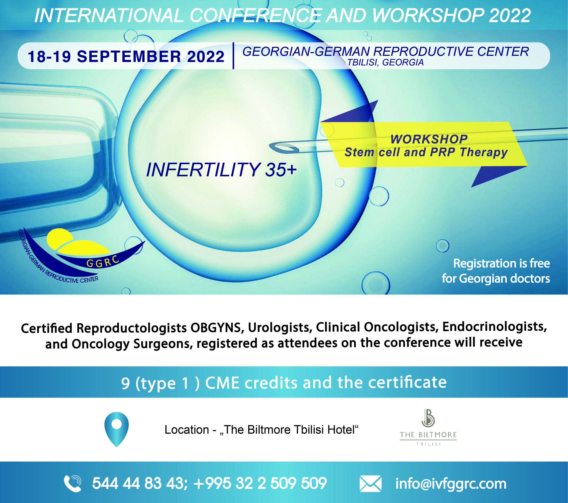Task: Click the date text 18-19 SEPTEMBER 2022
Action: tap(126, 57)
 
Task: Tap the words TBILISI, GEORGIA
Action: tap(385, 63)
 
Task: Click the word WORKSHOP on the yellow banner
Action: tap(429, 139)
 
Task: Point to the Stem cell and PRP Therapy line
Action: tap(426, 152)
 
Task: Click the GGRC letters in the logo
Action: tap(103, 261)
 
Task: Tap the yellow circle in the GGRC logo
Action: tap(59, 238)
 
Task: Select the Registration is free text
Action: tap(501, 263)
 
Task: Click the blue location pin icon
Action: tap(116, 428)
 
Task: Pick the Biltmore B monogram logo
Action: tap(428, 418)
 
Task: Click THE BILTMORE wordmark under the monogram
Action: tap(428, 435)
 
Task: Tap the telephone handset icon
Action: tap(73, 483)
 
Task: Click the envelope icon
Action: tap(371, 484)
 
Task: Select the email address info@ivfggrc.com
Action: tap(451, 484)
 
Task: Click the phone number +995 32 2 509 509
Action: tap(260, 483)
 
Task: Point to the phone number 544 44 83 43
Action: tap(138, 483)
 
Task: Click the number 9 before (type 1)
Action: tap(125, 383)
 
